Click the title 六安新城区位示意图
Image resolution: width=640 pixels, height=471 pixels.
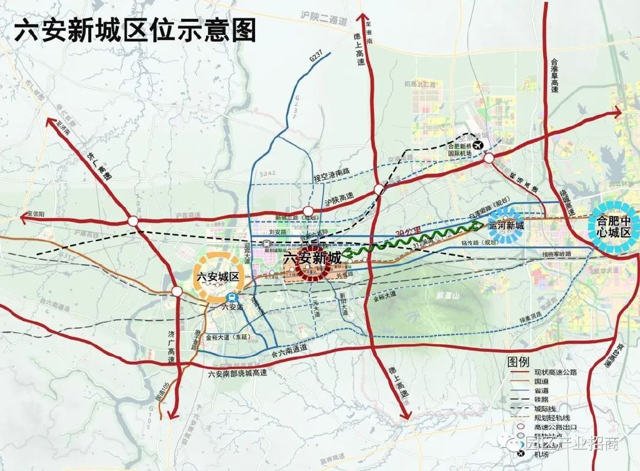click(135, 29)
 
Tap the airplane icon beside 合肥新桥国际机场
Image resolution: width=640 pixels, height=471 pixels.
click(479, 145)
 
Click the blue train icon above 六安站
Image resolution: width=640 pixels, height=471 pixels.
click(232, 297)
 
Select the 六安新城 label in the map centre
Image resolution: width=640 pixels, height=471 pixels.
click(312, 257)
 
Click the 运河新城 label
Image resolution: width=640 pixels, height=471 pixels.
click(506, 226)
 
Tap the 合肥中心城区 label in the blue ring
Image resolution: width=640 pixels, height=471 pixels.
click(615, 226)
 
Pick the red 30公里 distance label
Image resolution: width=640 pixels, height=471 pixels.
click(407, 233)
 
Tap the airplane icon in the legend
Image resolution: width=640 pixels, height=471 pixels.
click(521, 444)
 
